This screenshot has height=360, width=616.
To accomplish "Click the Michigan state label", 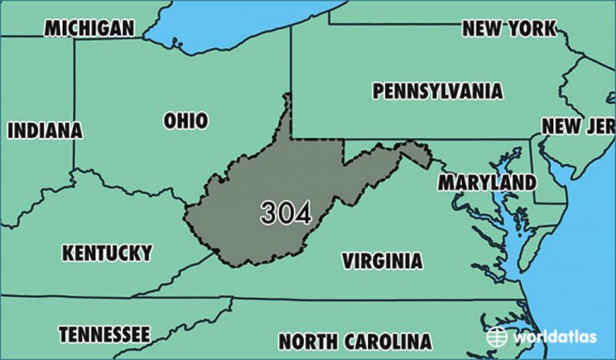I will [x=88, y=28].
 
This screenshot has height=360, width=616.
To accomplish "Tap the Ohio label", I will [x=185, y=121].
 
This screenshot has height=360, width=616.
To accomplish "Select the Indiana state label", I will [x=45, y=130].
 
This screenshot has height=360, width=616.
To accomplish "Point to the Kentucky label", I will [x=107, y=253].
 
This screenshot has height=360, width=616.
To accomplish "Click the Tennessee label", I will [x=103, y=333].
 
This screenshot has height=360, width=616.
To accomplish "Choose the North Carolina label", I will [x=355, y=342].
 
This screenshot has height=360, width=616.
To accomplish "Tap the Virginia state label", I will [x=382, y=261].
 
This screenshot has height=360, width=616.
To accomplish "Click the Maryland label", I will [x=486, y=182].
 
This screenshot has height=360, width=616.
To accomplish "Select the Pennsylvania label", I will [x=437, y=91].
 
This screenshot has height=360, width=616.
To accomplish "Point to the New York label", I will [x=509, y=29].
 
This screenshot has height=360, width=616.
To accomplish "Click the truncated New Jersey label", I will [x=577, y=126].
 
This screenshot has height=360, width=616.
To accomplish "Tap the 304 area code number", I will [x=286, y=212].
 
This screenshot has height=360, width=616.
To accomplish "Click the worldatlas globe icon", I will [x=497, y=337].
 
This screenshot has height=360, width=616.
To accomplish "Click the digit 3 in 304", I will [x=269, y=212].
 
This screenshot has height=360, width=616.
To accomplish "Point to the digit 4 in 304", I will [x=302, y=212].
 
